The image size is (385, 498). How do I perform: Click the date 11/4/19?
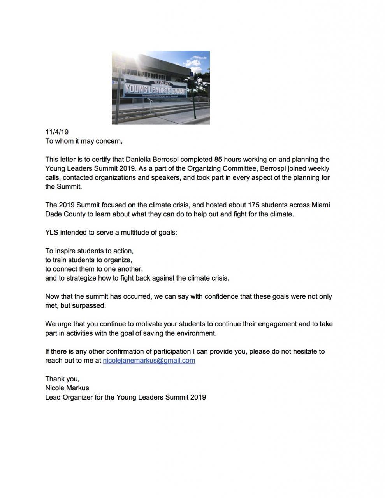click(x=57, y=132)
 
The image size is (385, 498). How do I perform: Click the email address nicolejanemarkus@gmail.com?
click(x=149, y=360)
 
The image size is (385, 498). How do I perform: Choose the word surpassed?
click(x=89, y=305)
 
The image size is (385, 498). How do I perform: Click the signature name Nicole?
click(x=55, y=388)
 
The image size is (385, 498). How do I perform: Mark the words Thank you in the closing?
click(x=62, y=379)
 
